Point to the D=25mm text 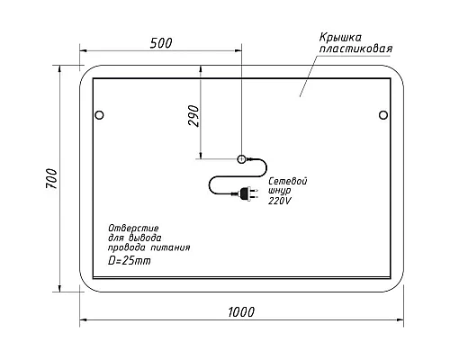click(x=130, y=260)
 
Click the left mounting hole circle click(x=100, y=114)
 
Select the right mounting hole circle click(x=382, y=114)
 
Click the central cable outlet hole click(x=241, y=159)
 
